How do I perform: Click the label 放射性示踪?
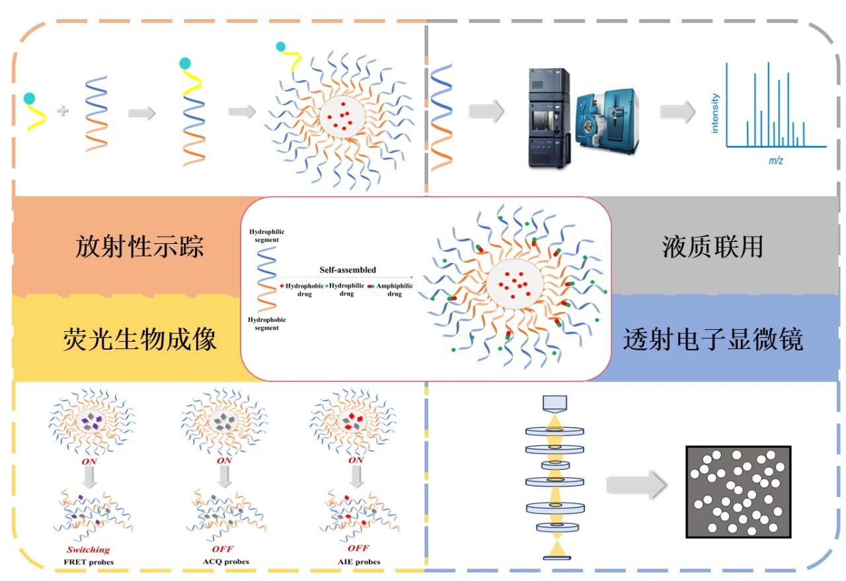pos(139,247)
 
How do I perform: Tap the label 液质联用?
pos(712,247)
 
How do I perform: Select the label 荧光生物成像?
pos(139,340)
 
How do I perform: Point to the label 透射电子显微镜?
pos(712,340)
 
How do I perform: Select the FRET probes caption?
pos(90,562)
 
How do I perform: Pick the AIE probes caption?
pos(357,562)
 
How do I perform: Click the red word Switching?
pos(89,549)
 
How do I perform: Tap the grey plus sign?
pos(63,111)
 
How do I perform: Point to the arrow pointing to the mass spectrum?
pos(677,112)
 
